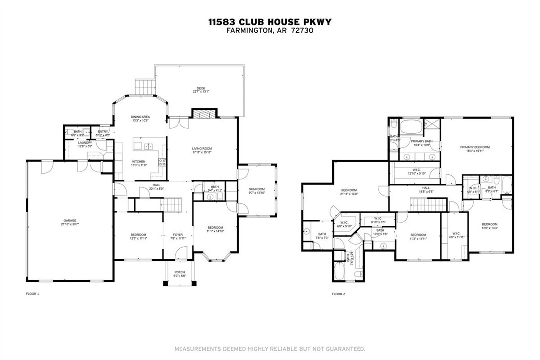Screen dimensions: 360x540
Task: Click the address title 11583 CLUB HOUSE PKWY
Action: (x=270, y=22)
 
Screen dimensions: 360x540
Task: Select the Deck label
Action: (x=201, y=89)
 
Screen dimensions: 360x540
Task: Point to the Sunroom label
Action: (x=257, y=189)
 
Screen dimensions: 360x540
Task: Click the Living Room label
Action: (x=202, y=148)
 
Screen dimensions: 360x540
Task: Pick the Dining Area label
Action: (x=140, y=117)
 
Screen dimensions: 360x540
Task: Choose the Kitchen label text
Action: (x=138, y=161)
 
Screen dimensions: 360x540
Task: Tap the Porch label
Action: (x=180, y=272)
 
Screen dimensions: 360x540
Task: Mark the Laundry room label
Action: (x=85, y=143)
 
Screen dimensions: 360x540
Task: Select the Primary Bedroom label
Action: (x=475, y=147)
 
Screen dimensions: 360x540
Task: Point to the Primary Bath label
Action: (x=421, y=141)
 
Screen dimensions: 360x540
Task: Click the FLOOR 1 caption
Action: (x=32, y=294)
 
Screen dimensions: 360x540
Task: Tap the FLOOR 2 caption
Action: (x=338, y=294)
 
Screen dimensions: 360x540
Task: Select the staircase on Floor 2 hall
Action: (x=426, y=204)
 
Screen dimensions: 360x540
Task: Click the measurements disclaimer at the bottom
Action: (x=270, y=348)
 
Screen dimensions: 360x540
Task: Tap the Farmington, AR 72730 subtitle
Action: (x=270, y=30)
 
